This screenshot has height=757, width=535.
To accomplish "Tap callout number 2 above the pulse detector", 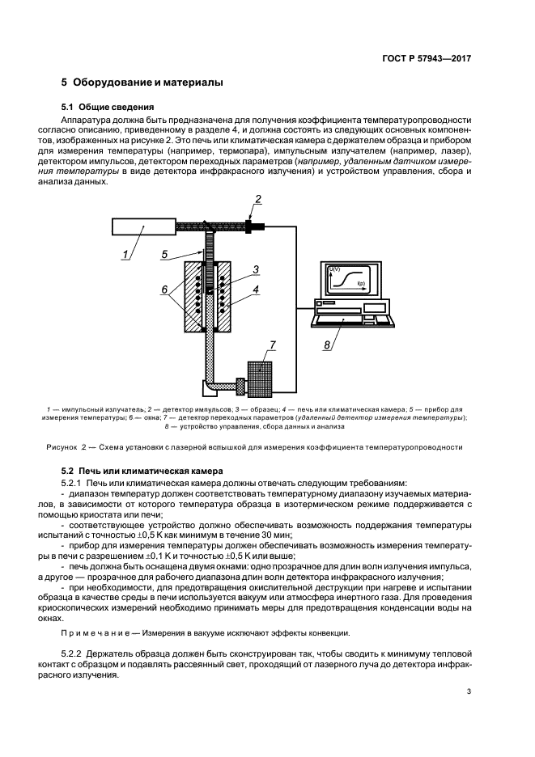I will point(258,199).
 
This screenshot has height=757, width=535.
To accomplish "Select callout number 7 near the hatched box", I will point(272,345).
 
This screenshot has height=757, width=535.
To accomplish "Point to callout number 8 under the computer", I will point(327,345).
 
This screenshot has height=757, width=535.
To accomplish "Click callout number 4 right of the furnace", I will point(256,288).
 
